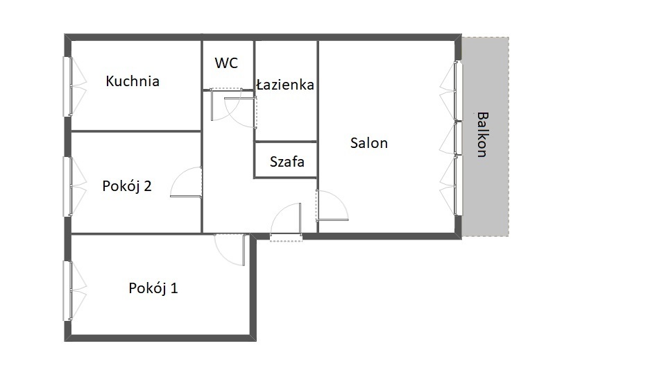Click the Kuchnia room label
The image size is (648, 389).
(133, 81)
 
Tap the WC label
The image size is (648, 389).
(226, 63)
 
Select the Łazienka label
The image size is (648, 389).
(285, 85)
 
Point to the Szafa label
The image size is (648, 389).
(287, 161)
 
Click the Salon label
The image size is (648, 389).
(368, 143)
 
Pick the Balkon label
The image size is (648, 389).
(482, 135)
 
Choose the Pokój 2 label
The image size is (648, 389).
(127, 185)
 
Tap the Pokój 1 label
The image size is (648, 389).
(153, 288)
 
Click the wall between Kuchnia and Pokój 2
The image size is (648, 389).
(137, 131)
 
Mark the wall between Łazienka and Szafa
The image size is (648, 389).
(286, 142)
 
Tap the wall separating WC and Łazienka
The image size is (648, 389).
(254, 65)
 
